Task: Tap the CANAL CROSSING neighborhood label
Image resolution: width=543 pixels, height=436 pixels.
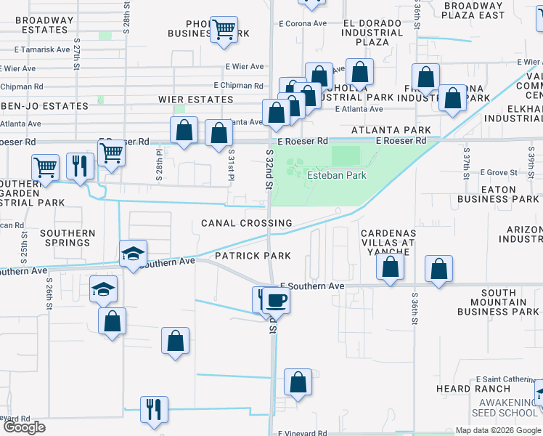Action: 247,223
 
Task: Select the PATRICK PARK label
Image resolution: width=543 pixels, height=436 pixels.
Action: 253,256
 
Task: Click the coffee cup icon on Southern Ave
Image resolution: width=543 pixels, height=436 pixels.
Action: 277,299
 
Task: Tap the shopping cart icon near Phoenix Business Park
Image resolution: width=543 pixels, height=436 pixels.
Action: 224,30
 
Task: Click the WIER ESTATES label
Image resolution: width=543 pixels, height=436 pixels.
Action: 196,99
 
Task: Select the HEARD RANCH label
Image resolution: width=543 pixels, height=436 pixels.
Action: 464,389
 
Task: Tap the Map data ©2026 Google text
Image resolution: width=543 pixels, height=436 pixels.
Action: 497,430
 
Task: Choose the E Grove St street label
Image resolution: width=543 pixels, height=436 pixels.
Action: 499,173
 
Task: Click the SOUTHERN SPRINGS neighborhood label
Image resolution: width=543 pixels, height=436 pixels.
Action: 68,238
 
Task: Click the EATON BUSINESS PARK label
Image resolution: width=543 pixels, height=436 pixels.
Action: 497,193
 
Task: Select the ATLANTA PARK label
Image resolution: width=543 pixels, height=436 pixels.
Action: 391,130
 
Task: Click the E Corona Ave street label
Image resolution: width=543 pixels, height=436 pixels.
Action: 303,23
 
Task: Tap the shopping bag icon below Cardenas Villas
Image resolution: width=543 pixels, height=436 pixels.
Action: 391,267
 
